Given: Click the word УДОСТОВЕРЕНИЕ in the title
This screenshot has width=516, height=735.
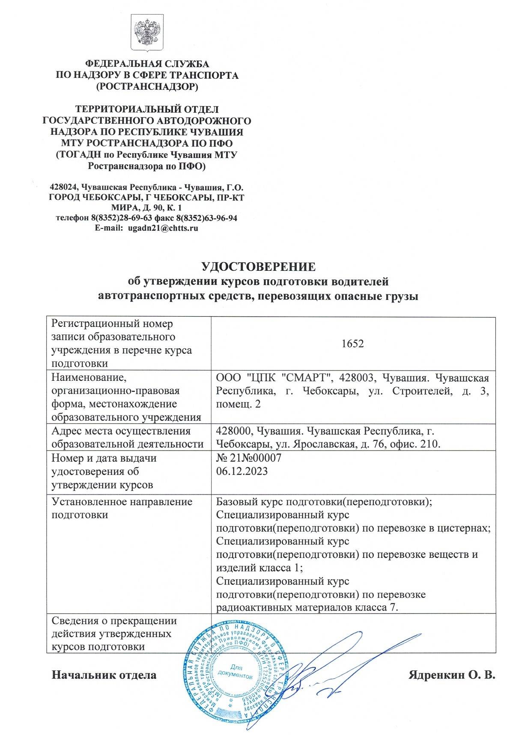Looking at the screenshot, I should click(x=258, y=267).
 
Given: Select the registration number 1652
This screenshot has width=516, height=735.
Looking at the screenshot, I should click(x=353, y=344).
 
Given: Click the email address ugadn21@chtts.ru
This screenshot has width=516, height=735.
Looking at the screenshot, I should click(x=163, y=228).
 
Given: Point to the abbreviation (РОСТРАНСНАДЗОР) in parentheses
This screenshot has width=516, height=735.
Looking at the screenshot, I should click(x=147, y=87).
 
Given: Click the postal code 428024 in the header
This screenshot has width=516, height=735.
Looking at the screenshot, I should click(x=64, y=187).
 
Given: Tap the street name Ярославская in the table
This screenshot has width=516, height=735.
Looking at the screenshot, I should click(x=324, y=444).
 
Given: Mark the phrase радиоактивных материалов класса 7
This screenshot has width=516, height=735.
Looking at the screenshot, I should click(x=307, y=607).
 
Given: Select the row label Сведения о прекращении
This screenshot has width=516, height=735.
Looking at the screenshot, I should click(x=114, y=620).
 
